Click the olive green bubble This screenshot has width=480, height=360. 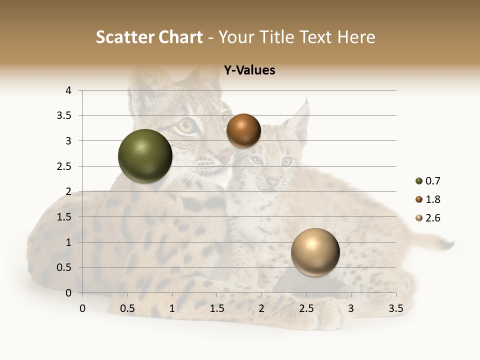(x=145, y=156)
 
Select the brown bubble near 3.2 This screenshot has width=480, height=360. (x=243, y=130)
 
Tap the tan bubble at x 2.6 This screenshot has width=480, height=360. (x=315, y=252)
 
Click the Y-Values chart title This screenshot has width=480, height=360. (x=249, y=70)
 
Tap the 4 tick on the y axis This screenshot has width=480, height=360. (x=69, y=90)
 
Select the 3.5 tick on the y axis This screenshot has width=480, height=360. (x=65, y=116)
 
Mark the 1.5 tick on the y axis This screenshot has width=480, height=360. (x=65, y=217)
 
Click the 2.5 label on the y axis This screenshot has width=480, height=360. (x=65, y=166)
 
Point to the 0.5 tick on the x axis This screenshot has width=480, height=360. (x=127, y=308)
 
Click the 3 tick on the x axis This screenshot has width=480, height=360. (x=351, y=308)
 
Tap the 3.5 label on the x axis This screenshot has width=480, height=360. (x=395, y=308)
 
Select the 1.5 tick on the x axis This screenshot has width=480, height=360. (x=216, y=308)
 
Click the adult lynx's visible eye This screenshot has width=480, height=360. (x=186, y=126)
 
